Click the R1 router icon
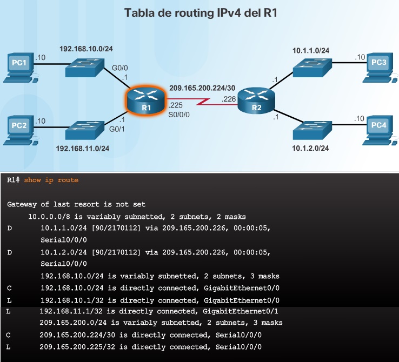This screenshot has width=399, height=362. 145,100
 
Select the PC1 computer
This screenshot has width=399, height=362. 19,67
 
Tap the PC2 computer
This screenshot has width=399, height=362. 19,130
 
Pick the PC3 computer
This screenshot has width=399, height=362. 378,67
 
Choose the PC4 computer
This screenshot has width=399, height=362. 378,130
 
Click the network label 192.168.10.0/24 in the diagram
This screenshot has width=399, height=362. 86,49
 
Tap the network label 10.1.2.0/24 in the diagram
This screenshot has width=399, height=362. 311,148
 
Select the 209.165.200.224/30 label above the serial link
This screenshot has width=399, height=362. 202,88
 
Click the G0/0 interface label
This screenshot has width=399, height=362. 119,68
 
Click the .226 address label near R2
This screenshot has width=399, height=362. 229,99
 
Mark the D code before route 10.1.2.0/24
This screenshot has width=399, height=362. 9,252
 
